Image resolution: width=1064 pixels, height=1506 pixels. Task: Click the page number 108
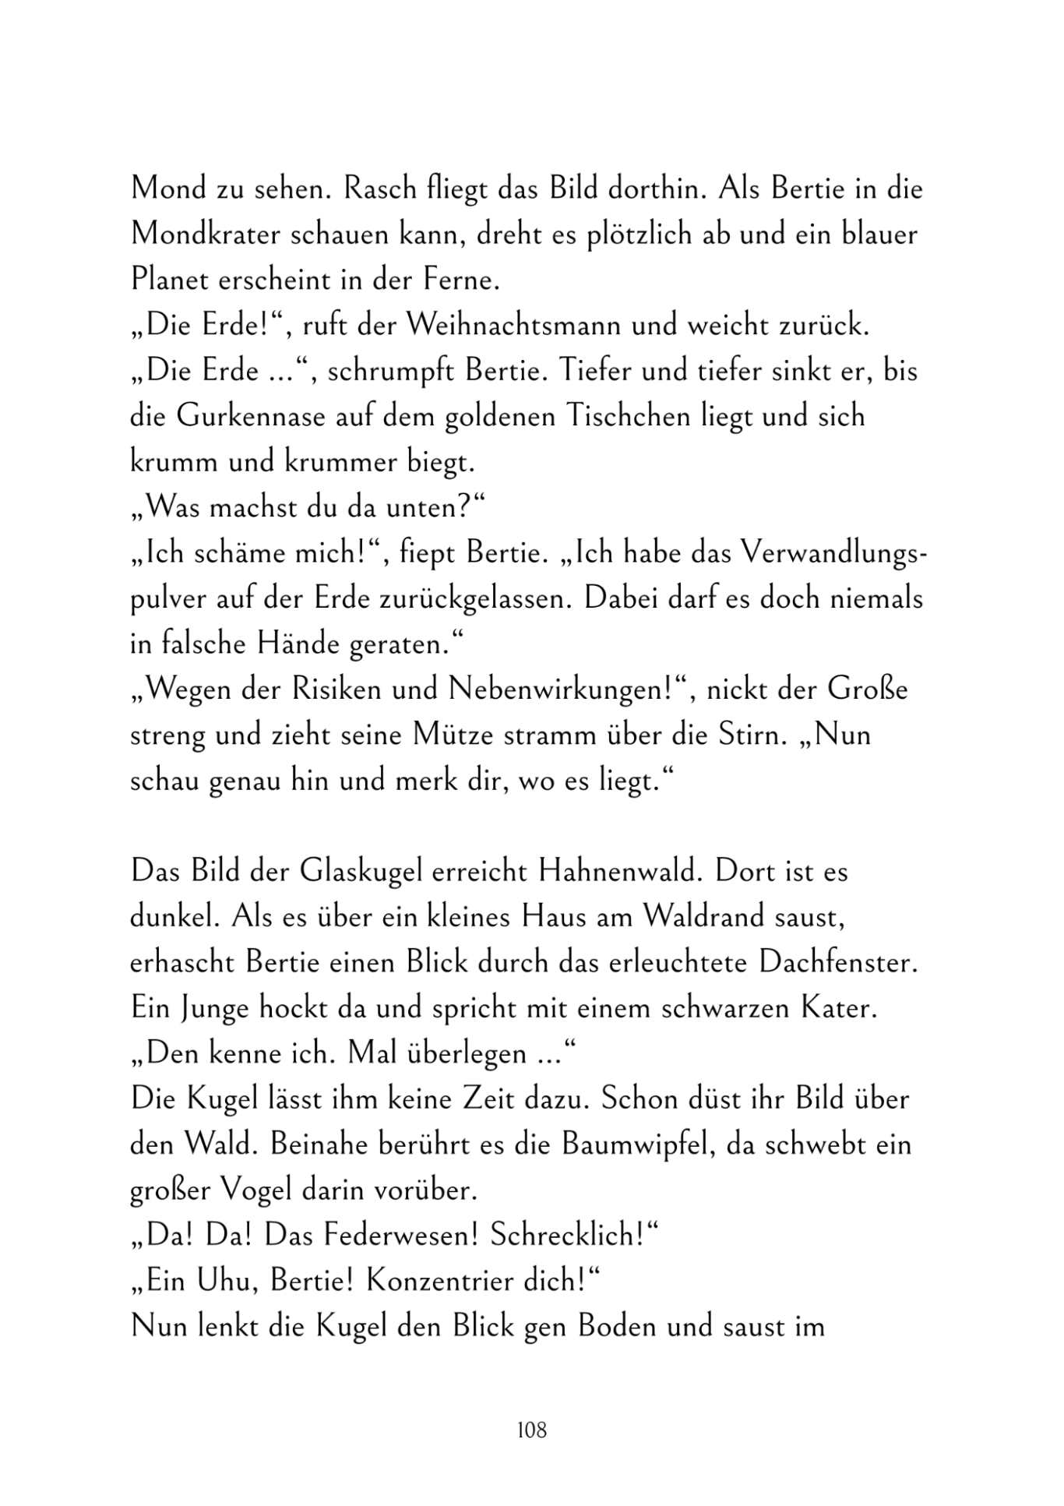[531, 1430]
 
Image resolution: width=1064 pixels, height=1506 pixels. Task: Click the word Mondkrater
[203, 235]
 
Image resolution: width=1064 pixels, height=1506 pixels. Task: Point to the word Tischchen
[632, 417]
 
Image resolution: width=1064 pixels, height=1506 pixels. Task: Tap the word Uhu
[230, 1282]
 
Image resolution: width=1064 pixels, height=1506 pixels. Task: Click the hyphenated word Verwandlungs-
[833, 553]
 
